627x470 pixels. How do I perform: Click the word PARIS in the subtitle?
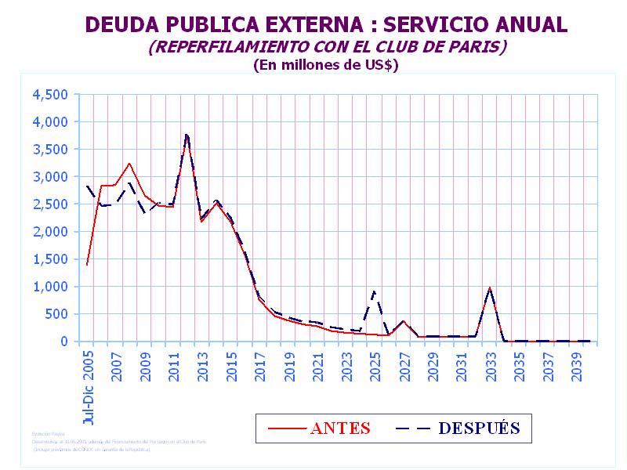pyautogui.click(x=473, y=47)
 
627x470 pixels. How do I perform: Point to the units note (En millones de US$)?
pyautogui.click(x=325, y=66)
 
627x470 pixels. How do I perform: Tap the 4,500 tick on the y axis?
pyautogui.click(x=50, y=95)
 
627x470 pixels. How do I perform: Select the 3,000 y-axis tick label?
pyautogui.click(x=50, y=177)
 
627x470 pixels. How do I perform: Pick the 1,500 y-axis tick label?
pyautogui.click(x=50, y=259)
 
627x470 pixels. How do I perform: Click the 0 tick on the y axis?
pyautogui.click(x=66, y=342)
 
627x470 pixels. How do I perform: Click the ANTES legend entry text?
pyautogui.click(x=340, y=428)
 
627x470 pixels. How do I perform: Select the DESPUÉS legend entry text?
pyautogui.click(x=479, y=428)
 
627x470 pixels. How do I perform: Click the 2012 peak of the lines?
pyautogui.click(x=187, y=136)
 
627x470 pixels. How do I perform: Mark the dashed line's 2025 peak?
pyautogui.click(x=375, y=291)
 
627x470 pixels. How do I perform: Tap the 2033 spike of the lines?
pyautogui.click(x=490, y=288)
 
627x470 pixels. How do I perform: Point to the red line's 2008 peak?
pyautogui.click(x=129, y=164)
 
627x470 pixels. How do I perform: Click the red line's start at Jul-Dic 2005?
pyautogui.click(x=86, y=265)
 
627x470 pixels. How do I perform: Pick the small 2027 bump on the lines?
pyautogui.click(x=404, y=321)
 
